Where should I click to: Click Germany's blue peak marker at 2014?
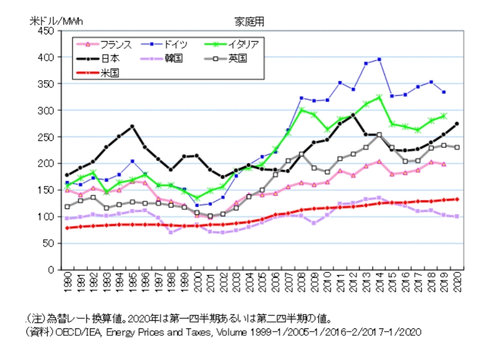[379, 59]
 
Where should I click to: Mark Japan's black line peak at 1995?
[132, 126]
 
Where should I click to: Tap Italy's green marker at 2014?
[379, 97]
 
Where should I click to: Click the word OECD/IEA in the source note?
[72, 332]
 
